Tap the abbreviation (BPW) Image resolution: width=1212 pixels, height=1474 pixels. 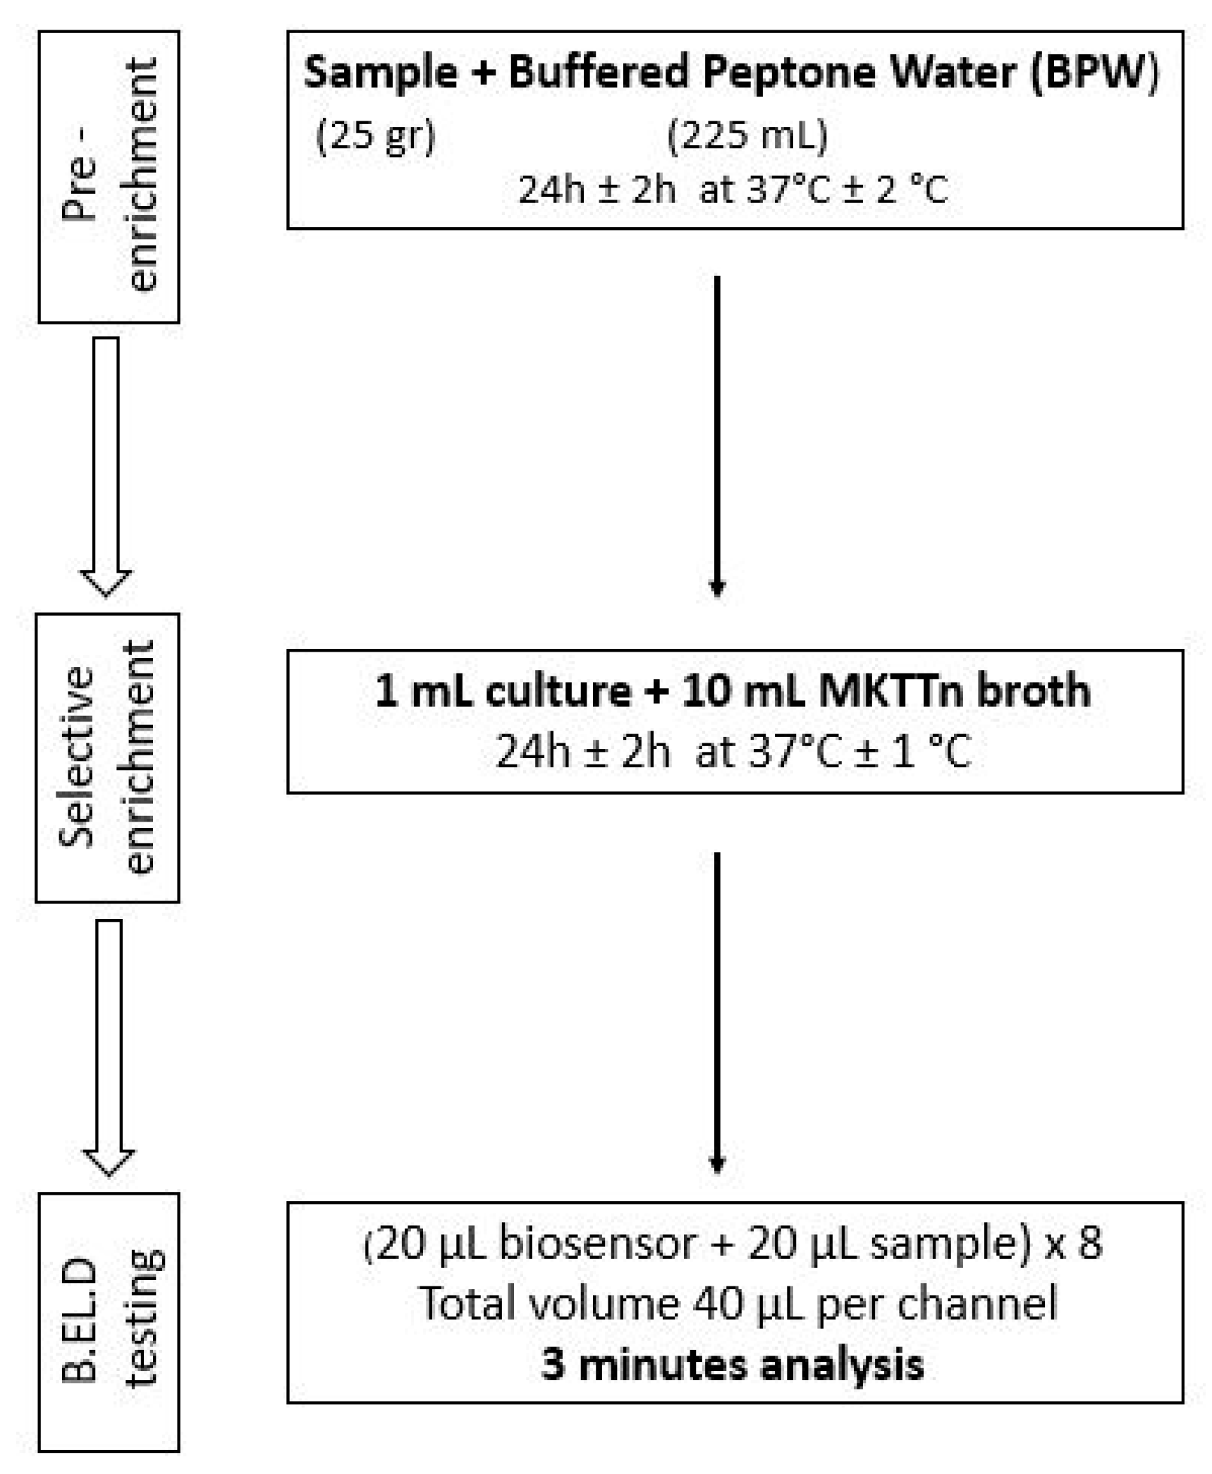[1094, 73]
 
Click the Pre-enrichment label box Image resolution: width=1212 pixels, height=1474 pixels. [109, 176]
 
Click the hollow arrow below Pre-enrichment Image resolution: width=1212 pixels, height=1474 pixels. [106, 465]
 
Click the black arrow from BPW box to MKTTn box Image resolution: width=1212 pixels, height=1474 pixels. [716, 434]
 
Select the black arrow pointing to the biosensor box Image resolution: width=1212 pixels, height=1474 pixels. [716, 1012]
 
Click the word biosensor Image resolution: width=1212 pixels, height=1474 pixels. [596, 1243]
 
